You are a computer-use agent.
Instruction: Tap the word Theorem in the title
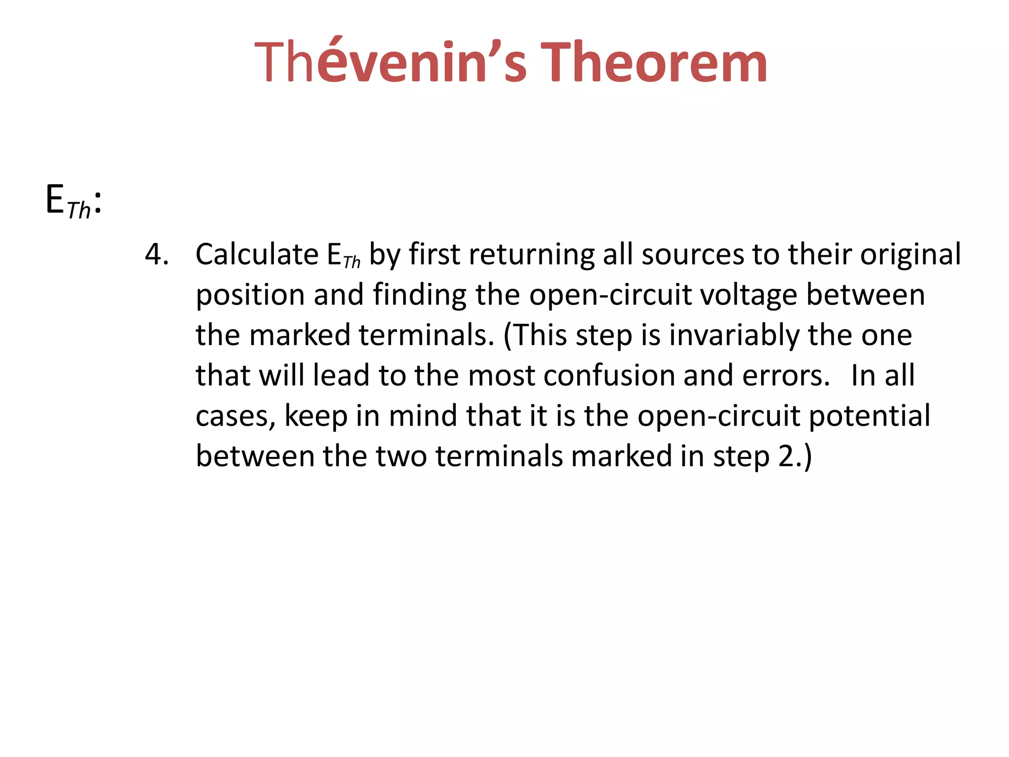tap(654, 63)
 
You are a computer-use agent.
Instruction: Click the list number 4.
tap(157, 255)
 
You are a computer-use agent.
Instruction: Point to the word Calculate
tap(257, 254)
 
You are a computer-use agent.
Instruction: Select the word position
tap(250, 296)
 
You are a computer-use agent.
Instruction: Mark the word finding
tap(419, 296)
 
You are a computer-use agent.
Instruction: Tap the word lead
tap(341, 376)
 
